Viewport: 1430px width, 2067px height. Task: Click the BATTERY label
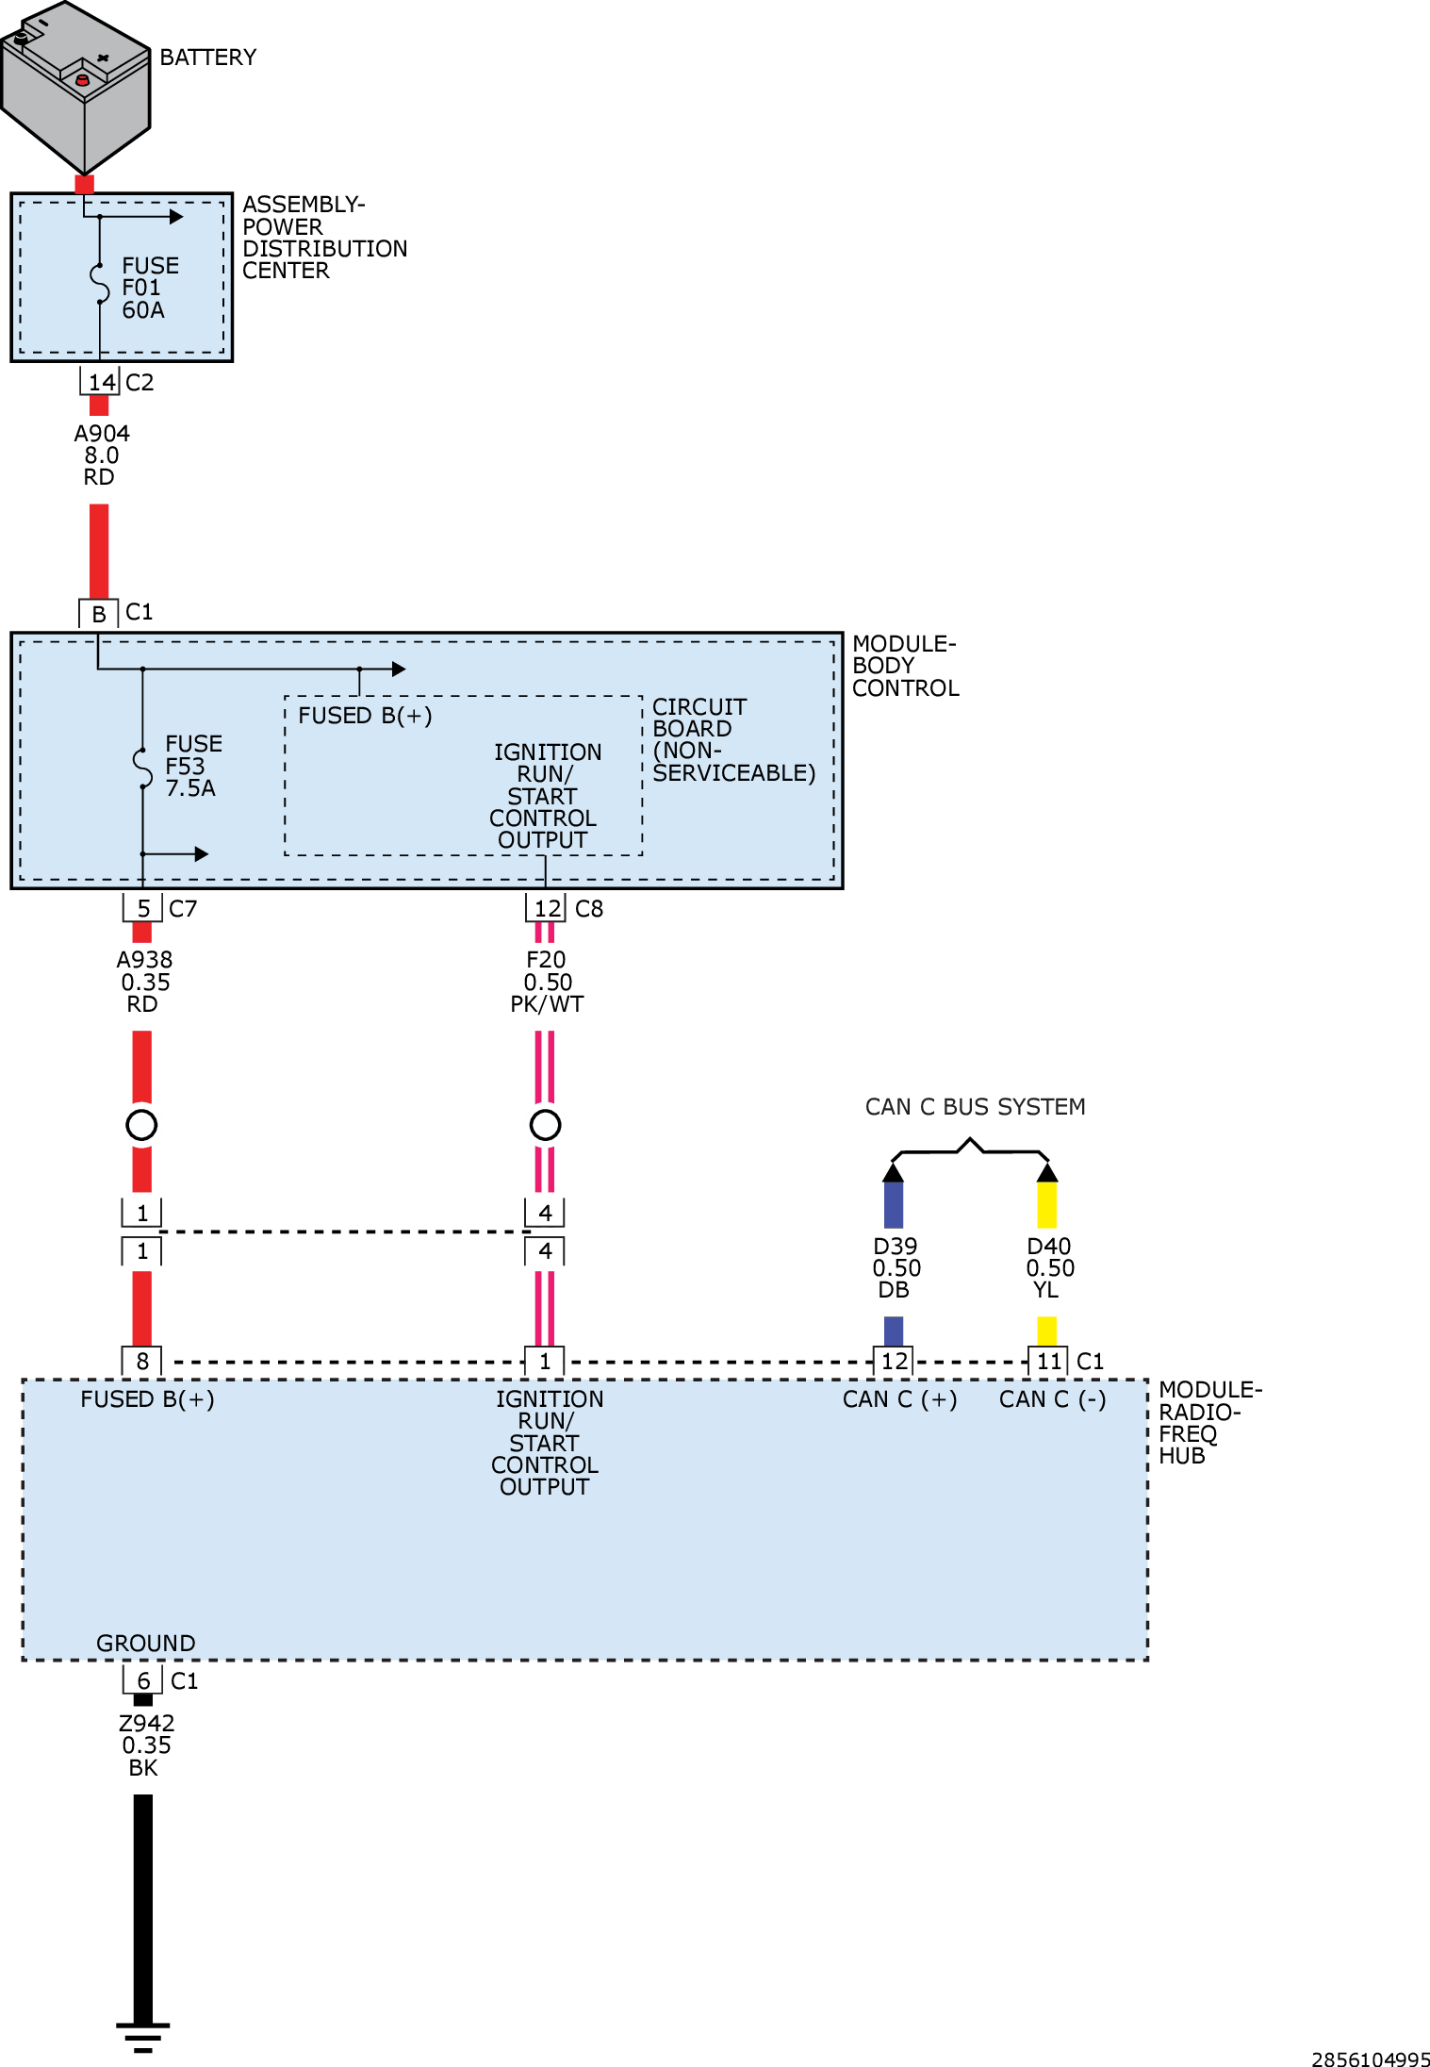[207, 58]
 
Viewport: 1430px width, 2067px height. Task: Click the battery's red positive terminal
[82, 81]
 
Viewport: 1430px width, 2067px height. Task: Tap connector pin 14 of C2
[101, 382]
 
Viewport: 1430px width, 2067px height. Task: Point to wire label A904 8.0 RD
[101, 455]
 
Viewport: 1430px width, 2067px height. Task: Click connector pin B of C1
[98, 614]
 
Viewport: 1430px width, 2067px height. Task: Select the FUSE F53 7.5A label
[192, 766]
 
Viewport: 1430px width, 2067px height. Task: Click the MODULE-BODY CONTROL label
[904, 666]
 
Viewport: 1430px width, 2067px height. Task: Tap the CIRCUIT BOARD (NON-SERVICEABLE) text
[732, 739]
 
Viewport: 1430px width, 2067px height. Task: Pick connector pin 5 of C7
[142, 908]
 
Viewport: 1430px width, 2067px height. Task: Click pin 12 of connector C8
[547, 908]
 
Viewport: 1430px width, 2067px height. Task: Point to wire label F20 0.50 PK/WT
[547, 982]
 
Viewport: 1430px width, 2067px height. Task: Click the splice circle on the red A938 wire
[141, 1124]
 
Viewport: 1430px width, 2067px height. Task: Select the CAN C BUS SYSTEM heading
[975, 1106]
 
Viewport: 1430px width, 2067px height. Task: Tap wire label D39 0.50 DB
[896, 1267]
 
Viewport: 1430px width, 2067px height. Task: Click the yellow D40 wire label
[1049, 1267]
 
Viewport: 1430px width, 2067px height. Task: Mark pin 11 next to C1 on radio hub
[1048, 1361]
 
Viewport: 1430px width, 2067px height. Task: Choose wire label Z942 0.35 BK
[145, 1745]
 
